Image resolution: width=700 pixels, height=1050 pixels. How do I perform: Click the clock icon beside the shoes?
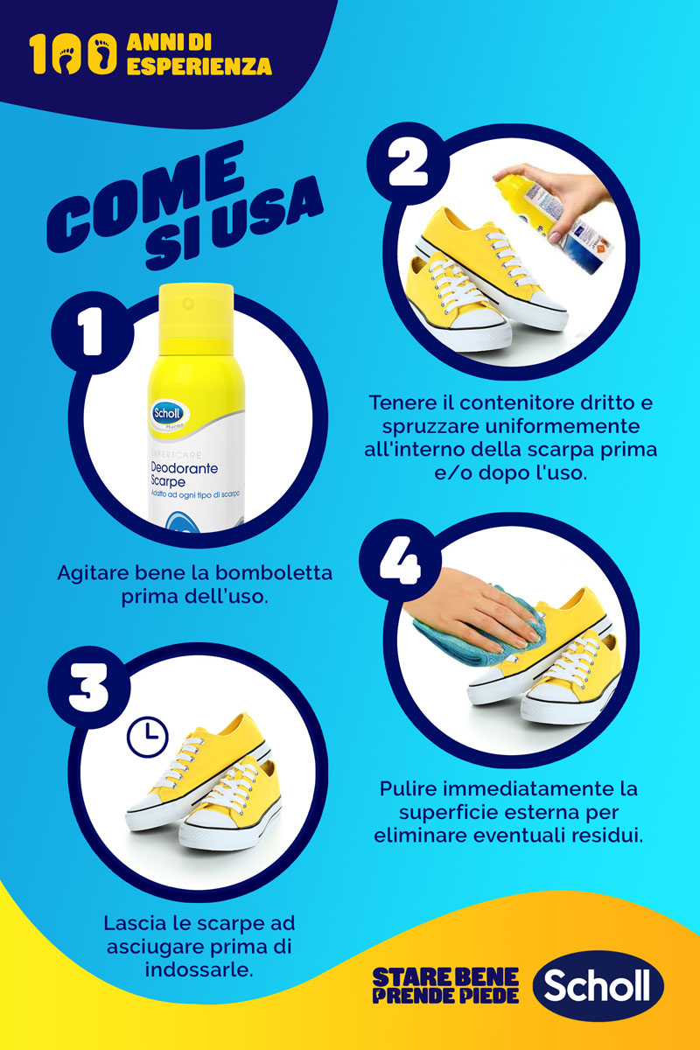(x=147, y=738)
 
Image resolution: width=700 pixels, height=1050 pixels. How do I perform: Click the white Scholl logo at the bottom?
(x=598, y=985)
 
